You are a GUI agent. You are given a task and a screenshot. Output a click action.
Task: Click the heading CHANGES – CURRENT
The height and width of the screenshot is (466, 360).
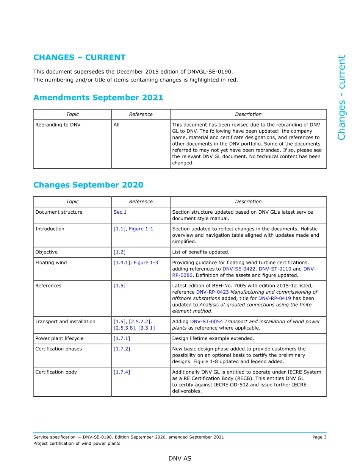pos(79,58)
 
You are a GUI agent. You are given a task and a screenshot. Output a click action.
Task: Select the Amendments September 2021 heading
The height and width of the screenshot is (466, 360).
pos(98,98)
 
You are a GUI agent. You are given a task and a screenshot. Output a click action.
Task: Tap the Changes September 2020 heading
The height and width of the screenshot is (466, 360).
pos(88,185)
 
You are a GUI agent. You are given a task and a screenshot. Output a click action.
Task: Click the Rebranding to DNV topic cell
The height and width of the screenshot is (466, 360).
pos(58,125)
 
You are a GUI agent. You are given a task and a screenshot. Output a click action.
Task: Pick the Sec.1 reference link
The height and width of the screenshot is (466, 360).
pos(120,212)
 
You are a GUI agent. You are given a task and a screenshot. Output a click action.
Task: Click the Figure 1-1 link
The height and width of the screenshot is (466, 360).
pos(141,229)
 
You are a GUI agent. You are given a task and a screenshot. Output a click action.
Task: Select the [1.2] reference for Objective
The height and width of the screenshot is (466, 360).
pos(119,252)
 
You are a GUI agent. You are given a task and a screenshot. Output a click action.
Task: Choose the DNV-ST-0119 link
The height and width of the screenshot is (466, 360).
pos(275,269)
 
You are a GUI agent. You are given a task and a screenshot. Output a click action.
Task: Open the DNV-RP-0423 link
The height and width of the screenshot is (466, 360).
pos(213,292)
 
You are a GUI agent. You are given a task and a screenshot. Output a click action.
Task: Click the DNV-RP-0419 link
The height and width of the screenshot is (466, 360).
pos(275,299)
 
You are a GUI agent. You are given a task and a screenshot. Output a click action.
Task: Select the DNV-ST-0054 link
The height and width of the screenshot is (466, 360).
pos(207,322)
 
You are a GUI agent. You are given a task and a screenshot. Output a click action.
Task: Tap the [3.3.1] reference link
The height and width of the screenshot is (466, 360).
pos(147,328)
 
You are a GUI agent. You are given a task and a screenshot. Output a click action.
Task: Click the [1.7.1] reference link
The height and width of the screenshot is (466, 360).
pos(122,339)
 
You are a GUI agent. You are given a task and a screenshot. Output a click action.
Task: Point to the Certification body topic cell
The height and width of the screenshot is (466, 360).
pos(56,372)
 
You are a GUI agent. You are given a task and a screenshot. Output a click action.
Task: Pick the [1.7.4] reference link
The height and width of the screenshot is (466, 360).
pos(122,372)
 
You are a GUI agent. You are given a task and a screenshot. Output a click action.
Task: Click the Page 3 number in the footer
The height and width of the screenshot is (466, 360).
pos(319,437)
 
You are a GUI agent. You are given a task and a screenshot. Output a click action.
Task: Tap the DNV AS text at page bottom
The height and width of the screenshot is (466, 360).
pos(180,459)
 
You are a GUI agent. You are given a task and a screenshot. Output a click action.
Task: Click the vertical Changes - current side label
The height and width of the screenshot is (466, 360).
pos(342,98)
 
